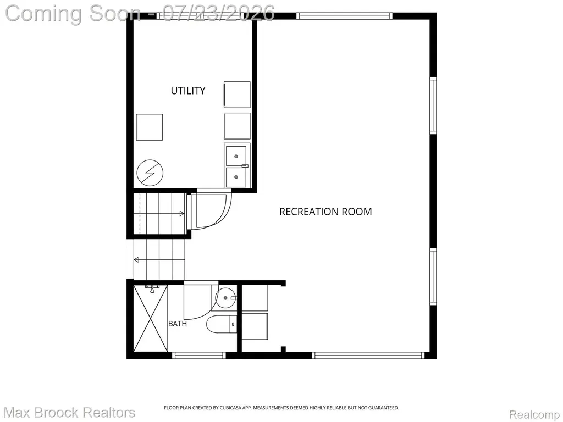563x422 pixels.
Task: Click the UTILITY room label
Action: (188, 91)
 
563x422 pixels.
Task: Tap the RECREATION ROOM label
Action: (325, 212)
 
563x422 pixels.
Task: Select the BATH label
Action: (178, 324)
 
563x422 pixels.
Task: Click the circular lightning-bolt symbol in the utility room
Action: (150, 173)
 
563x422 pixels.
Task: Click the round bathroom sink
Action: (225, 298)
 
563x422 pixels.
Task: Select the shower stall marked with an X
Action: (151, 318)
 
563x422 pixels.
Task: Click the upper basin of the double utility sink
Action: (236, 156)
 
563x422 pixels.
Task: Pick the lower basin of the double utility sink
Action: (236, 177)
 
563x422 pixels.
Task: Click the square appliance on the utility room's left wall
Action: (150, 127)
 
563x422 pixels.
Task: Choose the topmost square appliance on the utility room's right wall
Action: (237, 95)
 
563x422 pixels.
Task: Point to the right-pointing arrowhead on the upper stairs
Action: (182, 214)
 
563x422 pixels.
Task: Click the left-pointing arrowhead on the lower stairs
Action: (136, 260)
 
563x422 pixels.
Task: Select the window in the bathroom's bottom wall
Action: (198, 356)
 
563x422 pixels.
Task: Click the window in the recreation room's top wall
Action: (344, 16)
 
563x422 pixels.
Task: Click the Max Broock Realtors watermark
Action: (70, 413)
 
